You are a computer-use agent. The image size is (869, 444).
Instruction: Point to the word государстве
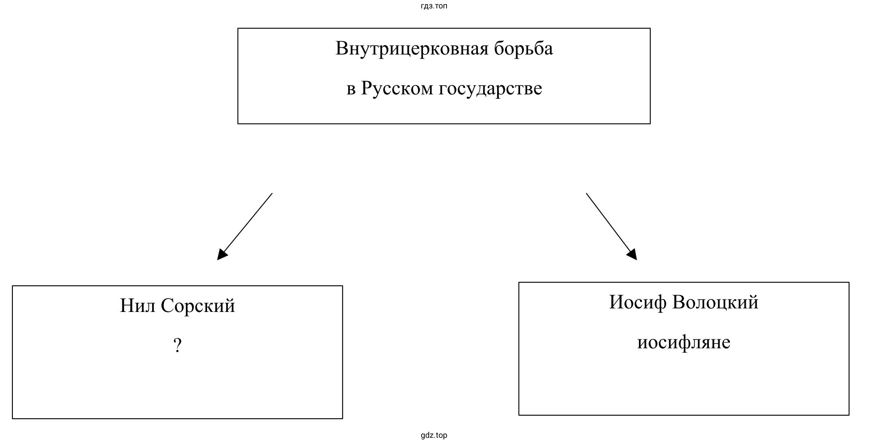click(490, 89)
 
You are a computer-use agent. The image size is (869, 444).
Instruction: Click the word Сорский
click(198, 306)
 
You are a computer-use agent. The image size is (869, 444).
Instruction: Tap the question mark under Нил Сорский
click(177, 346)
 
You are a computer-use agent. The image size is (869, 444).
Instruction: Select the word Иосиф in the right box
click(638, 302)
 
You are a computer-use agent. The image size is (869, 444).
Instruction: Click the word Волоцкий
click(715, 302)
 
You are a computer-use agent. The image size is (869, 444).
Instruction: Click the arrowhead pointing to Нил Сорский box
click(222, 255)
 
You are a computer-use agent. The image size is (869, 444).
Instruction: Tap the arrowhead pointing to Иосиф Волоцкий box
click(632, 254)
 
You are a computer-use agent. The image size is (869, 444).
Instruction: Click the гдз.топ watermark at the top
click(434, 6)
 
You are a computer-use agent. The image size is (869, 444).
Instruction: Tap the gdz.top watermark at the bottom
click(434, 436)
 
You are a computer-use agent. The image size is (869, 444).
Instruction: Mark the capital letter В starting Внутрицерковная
click(341, 49)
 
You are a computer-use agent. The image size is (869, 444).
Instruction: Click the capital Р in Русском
click(366, 88)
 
